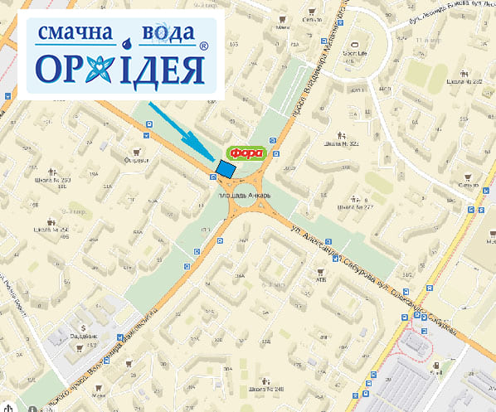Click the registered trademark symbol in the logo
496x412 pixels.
(203, 49)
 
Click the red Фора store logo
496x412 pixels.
(248, 153)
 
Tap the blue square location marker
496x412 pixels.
(225, 168)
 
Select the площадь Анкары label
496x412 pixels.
(242, 196)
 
